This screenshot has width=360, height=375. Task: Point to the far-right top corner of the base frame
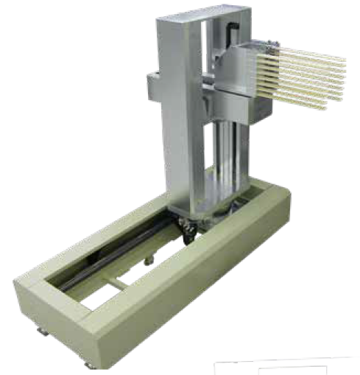coord(283,188)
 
